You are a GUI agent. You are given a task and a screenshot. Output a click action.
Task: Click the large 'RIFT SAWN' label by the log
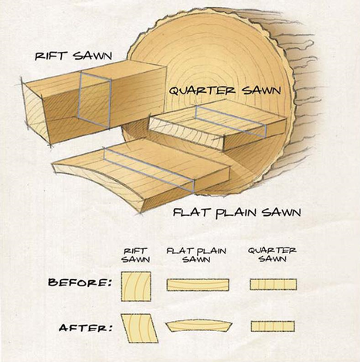[73, 56]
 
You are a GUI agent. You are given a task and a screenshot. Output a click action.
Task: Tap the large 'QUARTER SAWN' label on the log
[225, 90]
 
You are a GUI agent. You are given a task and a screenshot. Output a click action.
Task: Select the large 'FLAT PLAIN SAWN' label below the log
[237, 213]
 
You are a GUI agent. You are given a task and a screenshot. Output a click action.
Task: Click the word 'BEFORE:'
[80, 282]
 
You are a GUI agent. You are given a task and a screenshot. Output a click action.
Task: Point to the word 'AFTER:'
[86, 328]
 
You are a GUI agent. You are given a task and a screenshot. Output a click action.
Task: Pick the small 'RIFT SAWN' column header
[135, 255]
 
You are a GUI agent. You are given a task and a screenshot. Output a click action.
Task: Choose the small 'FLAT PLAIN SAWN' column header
[196, 255]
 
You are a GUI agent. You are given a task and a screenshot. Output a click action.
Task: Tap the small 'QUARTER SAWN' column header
[272, 254]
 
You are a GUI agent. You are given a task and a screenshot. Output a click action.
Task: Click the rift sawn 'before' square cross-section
[136, 286]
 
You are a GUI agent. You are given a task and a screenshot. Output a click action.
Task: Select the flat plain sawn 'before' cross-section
[198, 285]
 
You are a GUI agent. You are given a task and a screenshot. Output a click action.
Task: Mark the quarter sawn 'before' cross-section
[273, 284]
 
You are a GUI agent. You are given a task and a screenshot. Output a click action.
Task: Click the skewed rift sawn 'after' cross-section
[139, 328]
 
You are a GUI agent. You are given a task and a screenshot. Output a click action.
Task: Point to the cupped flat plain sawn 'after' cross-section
[199, 326]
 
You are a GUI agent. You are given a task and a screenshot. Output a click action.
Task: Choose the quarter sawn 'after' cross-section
[273, 326]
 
